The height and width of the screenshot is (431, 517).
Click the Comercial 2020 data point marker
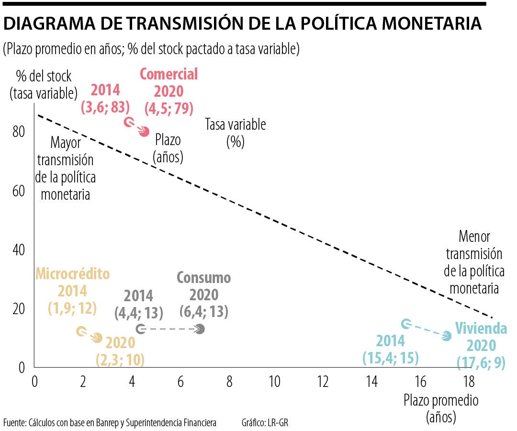144,132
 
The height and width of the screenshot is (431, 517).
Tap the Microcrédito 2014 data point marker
81,331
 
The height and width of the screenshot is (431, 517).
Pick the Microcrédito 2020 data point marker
98,338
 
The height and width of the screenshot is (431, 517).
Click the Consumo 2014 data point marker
140,329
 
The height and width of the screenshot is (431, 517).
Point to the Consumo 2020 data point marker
200,329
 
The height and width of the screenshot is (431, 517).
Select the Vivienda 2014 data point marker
405,324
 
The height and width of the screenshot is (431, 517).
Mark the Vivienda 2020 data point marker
447,336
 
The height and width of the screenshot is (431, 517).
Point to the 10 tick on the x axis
275,382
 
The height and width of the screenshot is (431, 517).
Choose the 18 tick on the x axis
469,382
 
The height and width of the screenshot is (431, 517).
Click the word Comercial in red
169,75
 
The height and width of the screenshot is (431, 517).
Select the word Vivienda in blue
481,329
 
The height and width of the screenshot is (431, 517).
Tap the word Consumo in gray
203,278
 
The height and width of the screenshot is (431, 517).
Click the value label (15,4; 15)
391,357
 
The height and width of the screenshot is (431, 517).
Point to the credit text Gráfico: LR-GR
265,423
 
